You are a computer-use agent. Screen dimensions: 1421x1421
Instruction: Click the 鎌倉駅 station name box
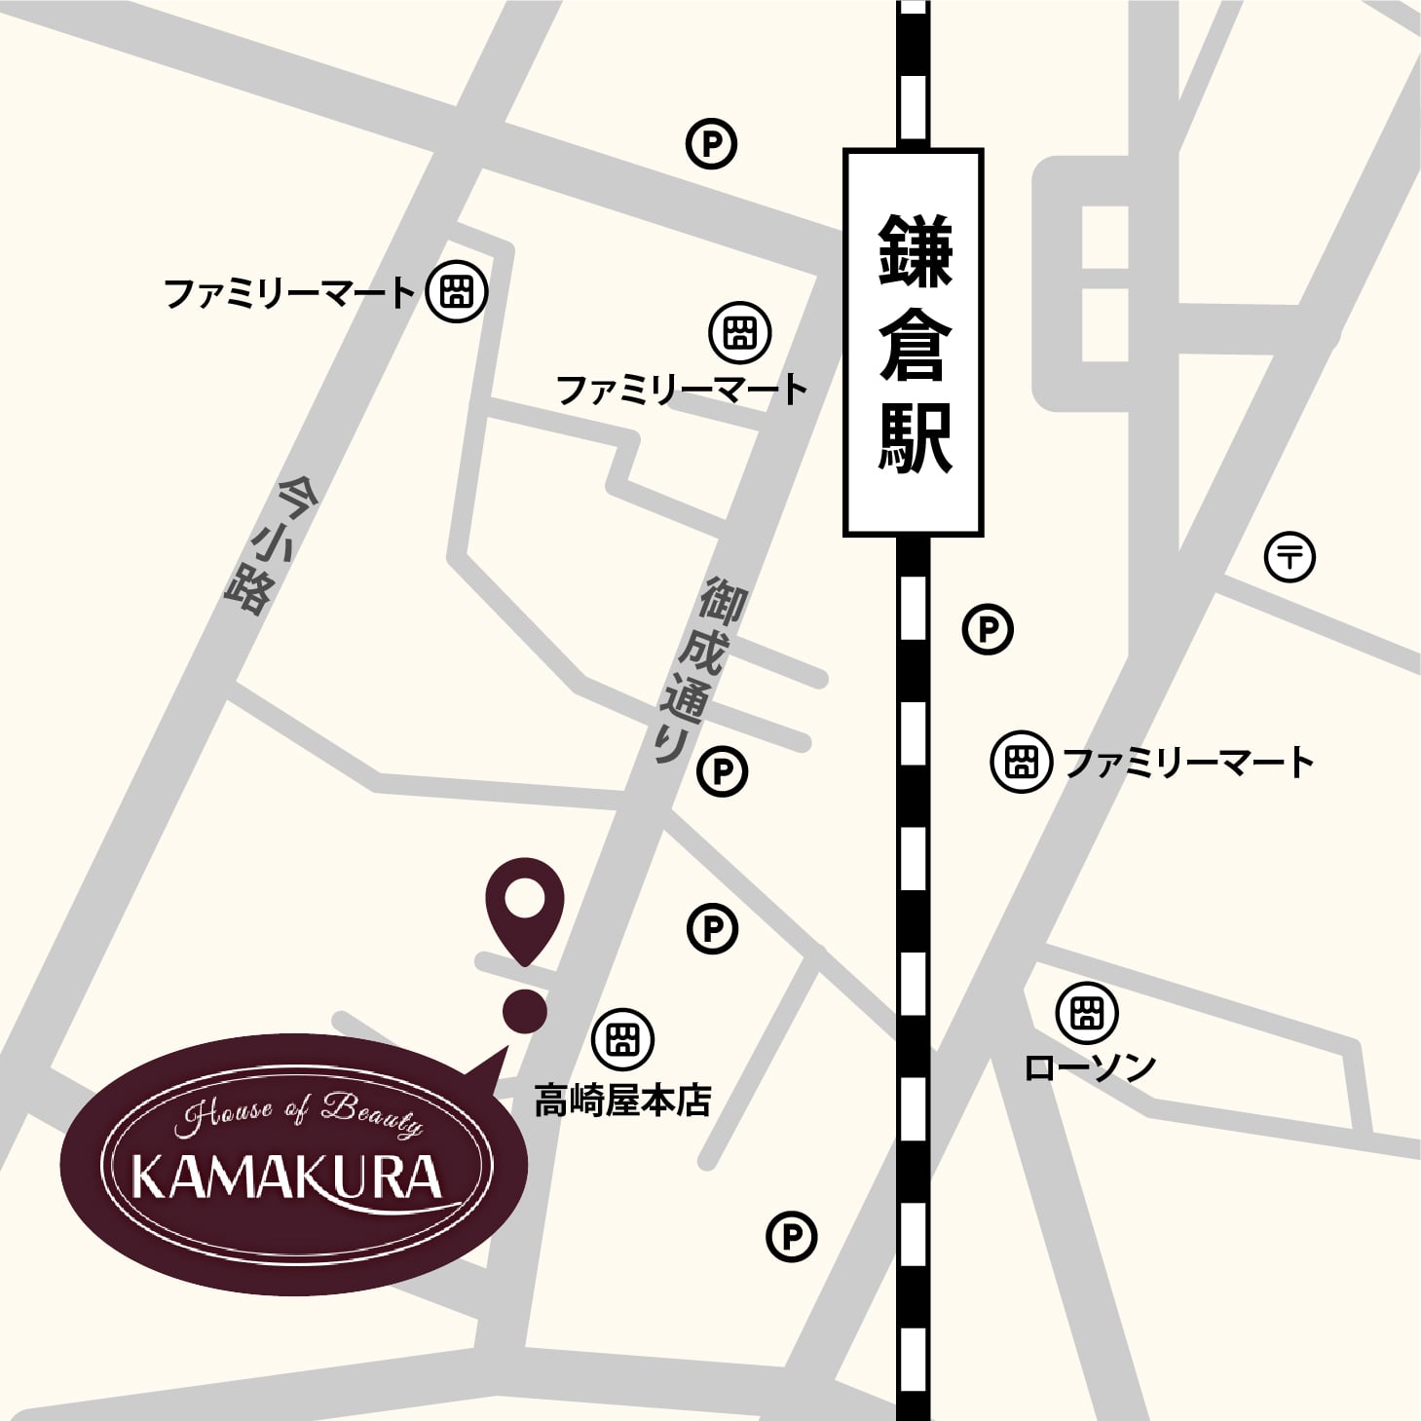pos(913,342)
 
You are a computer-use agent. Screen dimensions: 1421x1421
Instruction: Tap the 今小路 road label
pos(259,544)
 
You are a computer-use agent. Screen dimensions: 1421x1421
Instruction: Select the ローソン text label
pos(1090,1066)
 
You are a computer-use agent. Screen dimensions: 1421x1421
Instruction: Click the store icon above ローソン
pos(1086,1012)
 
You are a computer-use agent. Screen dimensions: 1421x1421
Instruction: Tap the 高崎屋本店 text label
pos(622,1101)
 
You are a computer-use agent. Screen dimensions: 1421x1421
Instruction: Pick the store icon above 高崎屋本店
pos(622,1038)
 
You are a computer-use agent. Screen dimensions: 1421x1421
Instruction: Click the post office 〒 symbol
pos(1290,558)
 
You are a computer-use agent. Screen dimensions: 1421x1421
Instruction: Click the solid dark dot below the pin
pos(525,1010)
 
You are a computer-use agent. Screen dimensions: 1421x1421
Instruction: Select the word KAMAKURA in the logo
pos(287,1178)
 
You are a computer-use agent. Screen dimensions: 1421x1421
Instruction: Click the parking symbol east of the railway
pos(988,629)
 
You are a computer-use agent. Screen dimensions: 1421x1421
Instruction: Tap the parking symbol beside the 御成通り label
pos(723,772)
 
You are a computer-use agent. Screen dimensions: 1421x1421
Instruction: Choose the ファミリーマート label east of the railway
pos(1188,762)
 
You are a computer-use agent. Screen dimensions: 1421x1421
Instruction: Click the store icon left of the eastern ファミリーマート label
pos(1021,761)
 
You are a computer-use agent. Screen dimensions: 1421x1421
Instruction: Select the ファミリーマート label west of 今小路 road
pos(289,292)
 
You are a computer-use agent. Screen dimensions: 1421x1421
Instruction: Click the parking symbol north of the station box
pos(712,145)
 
